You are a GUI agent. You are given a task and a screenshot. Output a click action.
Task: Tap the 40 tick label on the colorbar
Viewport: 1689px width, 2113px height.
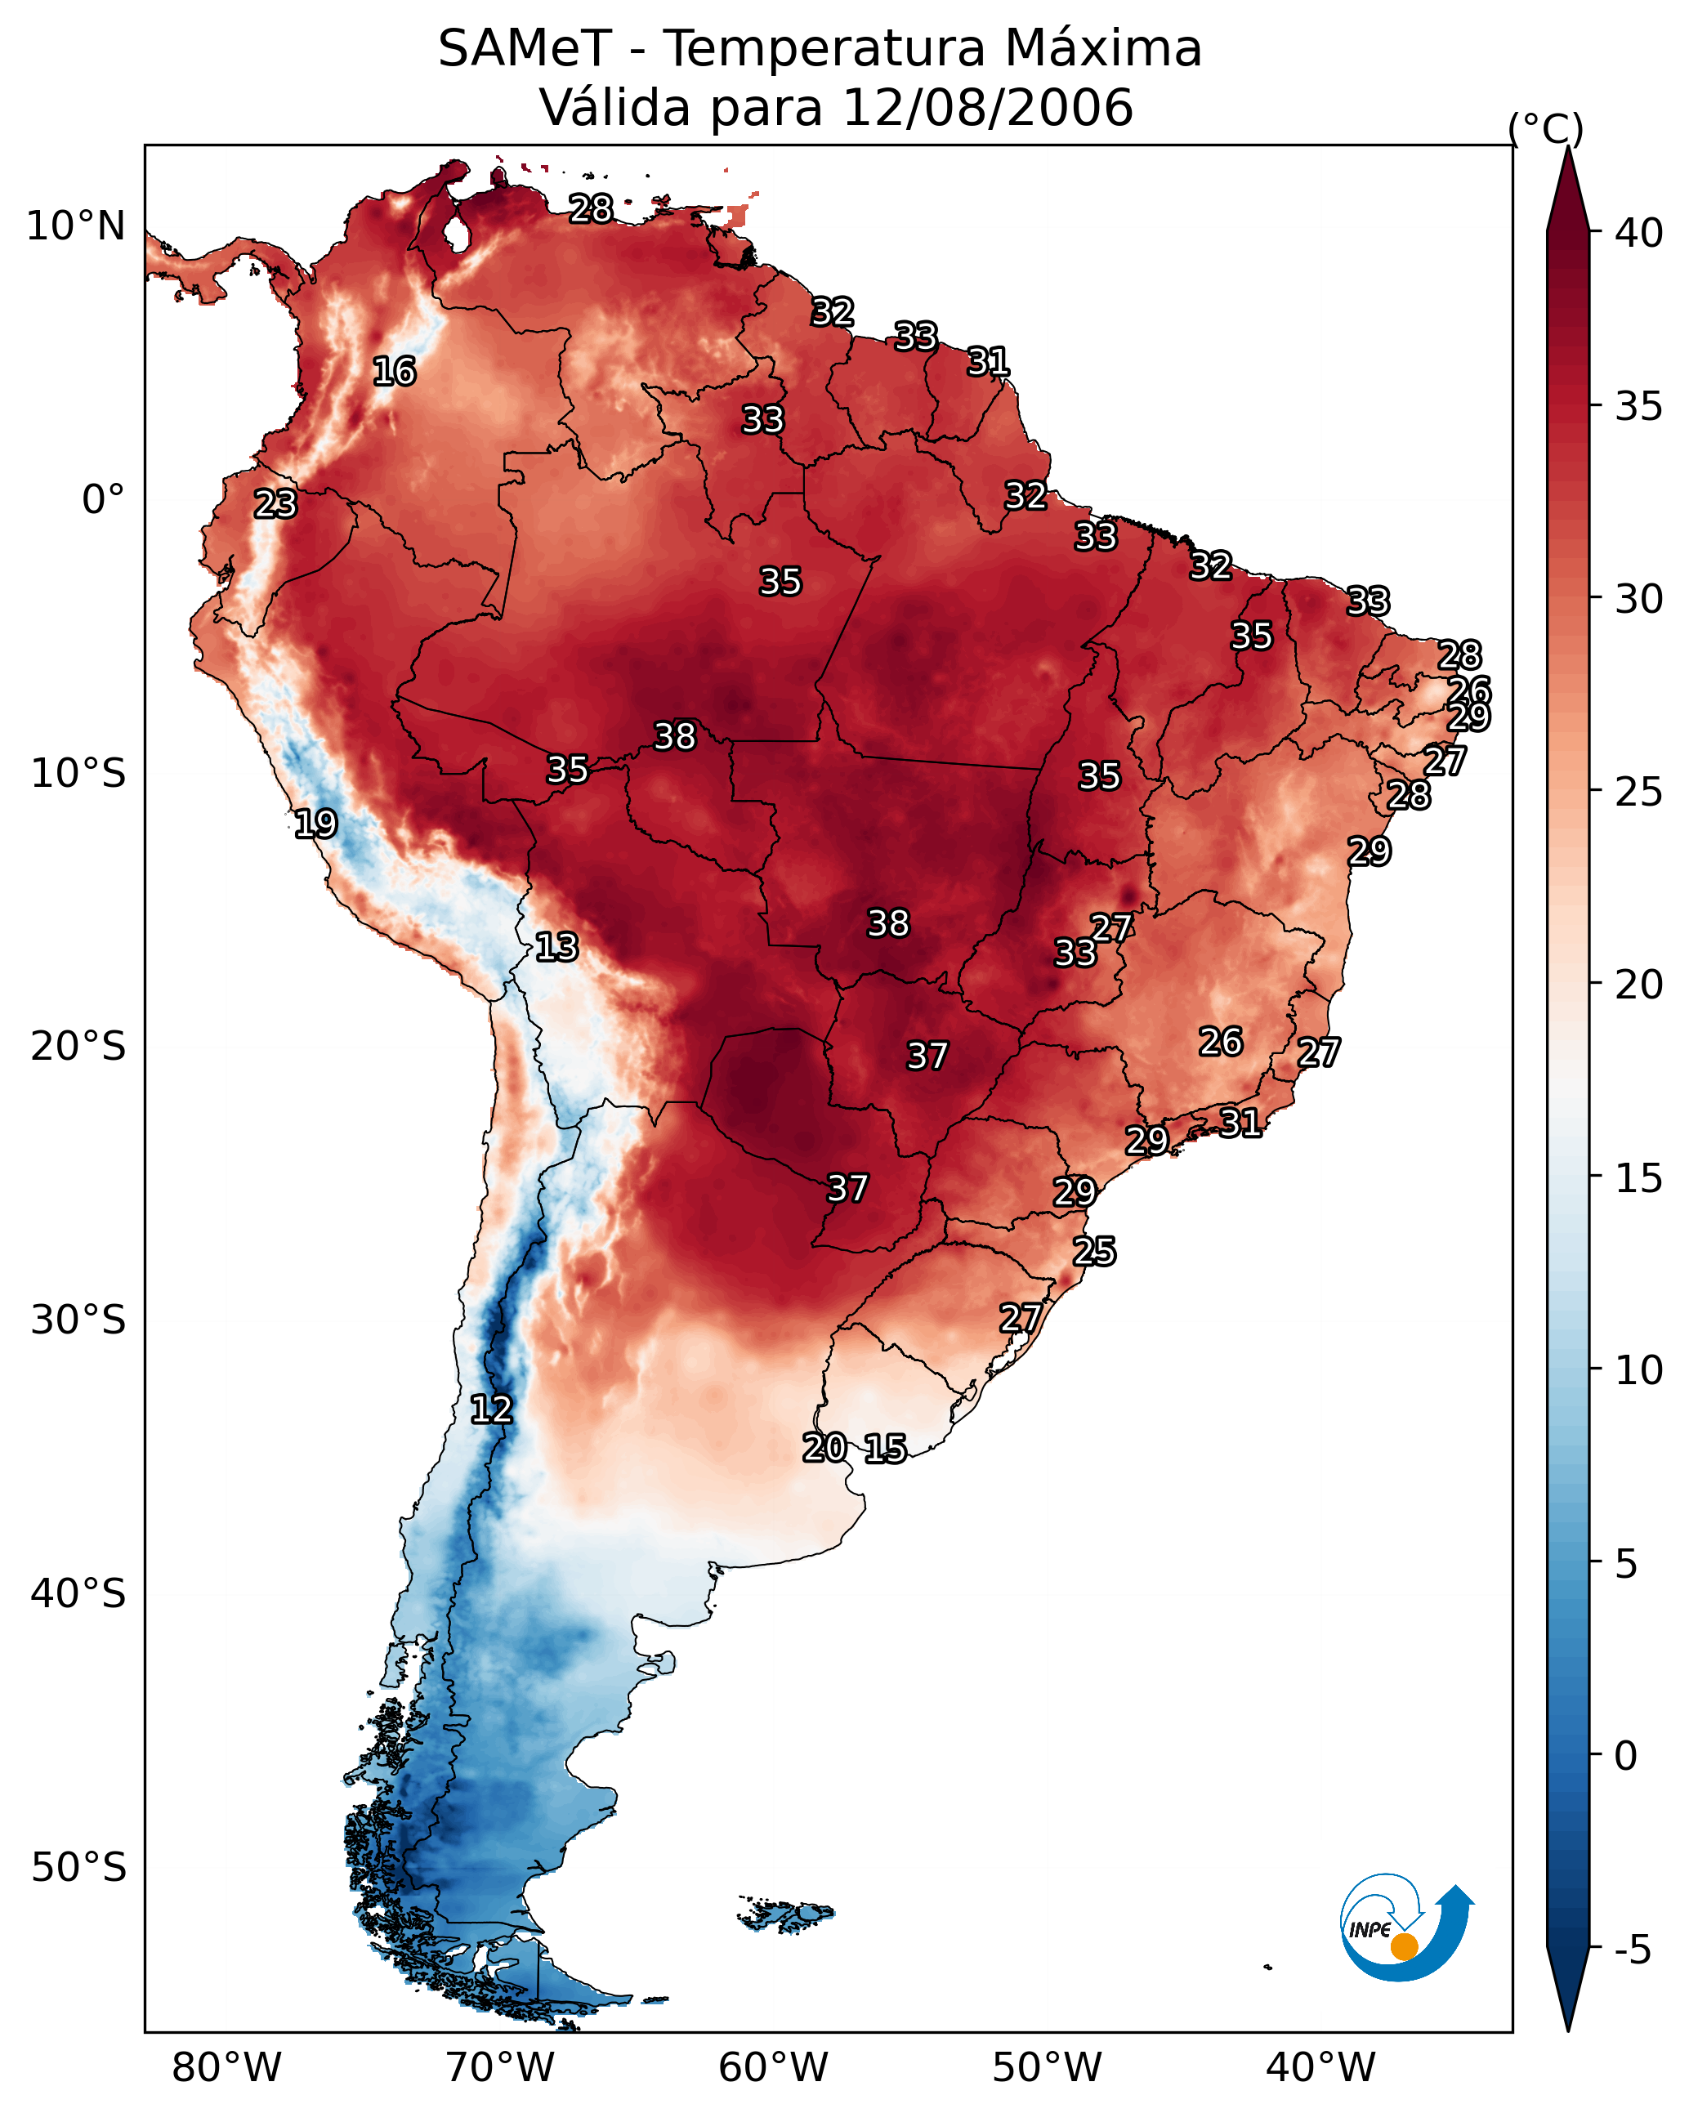pyautogui.click(x=1639, y=233)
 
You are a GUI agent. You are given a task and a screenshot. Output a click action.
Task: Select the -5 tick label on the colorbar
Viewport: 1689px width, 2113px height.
pyautogui.click(x=1633, y=1950)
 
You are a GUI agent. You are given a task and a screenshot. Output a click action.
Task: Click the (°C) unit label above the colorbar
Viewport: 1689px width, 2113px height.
pyautogui.click(x=1546, y=128)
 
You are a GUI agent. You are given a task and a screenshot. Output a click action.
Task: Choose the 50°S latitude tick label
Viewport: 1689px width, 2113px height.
pyautogui.click(x=78, y=1868)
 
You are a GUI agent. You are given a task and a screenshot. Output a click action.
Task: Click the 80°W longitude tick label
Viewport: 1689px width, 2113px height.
pyautogui.click(x=226, y=2067)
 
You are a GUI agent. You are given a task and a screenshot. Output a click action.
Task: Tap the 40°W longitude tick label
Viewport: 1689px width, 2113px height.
pyautogui.click(x=1320, y=2067)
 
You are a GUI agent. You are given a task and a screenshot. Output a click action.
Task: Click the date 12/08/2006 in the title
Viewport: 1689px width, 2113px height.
pyautogui.click(x=987, y=108)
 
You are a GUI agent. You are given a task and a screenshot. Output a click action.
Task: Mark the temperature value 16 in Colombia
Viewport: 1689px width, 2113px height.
pyautogui.click(x=394, y=372)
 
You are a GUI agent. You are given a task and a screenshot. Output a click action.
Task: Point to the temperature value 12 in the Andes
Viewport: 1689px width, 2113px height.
pyautogui.click(x=491, y=1409)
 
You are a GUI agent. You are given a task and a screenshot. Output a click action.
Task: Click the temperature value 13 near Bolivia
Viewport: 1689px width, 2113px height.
pyautogui.click(x=556, y=947)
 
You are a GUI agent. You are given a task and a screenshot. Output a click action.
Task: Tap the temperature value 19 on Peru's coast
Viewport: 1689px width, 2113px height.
pyautogui.click(x=315, y=824)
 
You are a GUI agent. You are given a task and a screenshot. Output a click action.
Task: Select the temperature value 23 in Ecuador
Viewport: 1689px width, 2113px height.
pyautogui.click(x=275, y=504)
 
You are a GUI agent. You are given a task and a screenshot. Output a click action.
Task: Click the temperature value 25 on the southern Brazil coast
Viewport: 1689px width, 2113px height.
pyautogui.click(x=1094, y=1252)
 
